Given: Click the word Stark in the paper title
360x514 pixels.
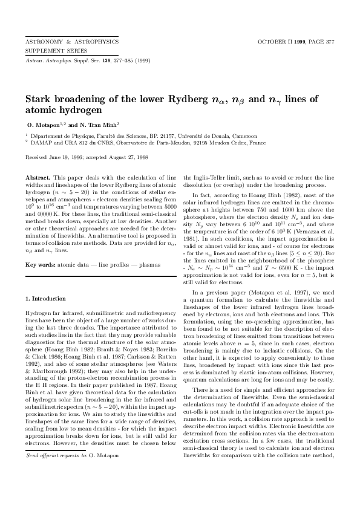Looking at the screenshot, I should [x=38, y=100].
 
